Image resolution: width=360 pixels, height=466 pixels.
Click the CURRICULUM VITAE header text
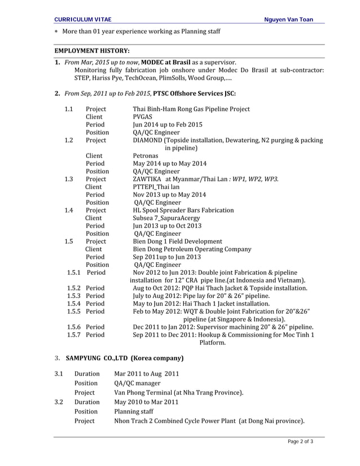(x=78, y=20)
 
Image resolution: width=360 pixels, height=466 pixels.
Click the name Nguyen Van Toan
(x=289, y=20)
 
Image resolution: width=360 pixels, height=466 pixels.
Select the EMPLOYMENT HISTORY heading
(x=91, y=51)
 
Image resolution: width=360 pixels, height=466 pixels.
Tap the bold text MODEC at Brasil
(x=165, y=61)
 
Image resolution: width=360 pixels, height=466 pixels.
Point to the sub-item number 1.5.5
(x=73, y=311)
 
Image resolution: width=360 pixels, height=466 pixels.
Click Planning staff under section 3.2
(x=133, y=412)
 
